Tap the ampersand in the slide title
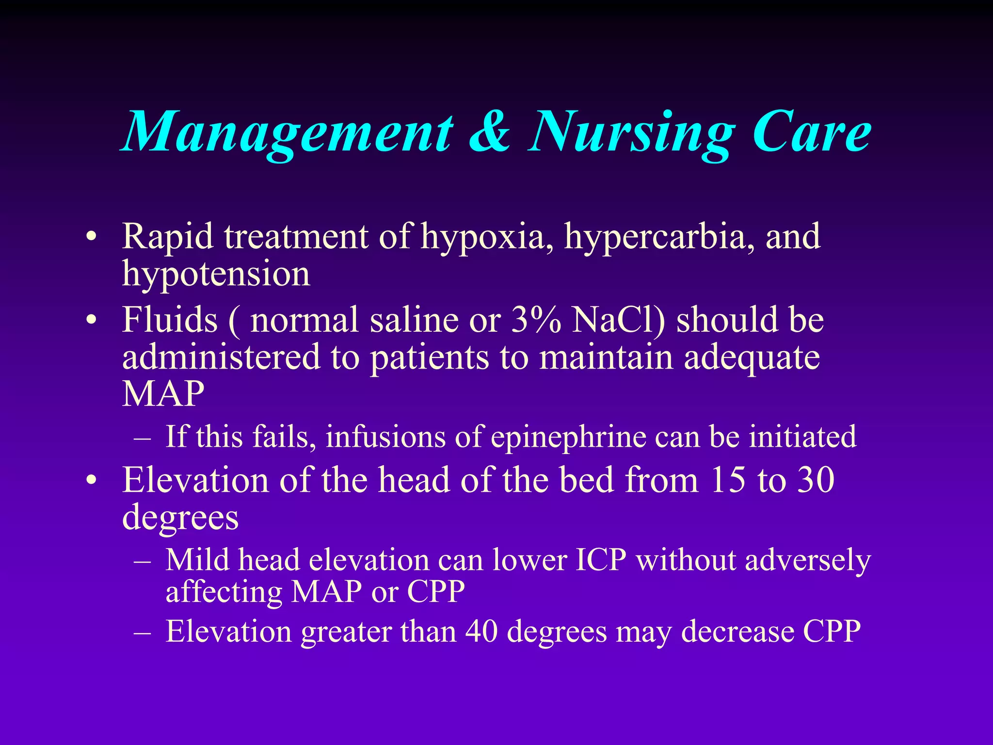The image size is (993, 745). click(x=490, y=132)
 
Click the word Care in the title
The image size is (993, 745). click(x=812, y=132)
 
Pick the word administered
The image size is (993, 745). click(x=221, y=357)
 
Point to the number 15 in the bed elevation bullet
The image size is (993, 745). click(x=728, y=480)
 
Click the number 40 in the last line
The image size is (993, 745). click(x=481, y=631)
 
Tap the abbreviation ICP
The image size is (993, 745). click(x=601, y=560)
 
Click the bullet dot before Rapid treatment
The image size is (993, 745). click(x=91, y=238)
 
